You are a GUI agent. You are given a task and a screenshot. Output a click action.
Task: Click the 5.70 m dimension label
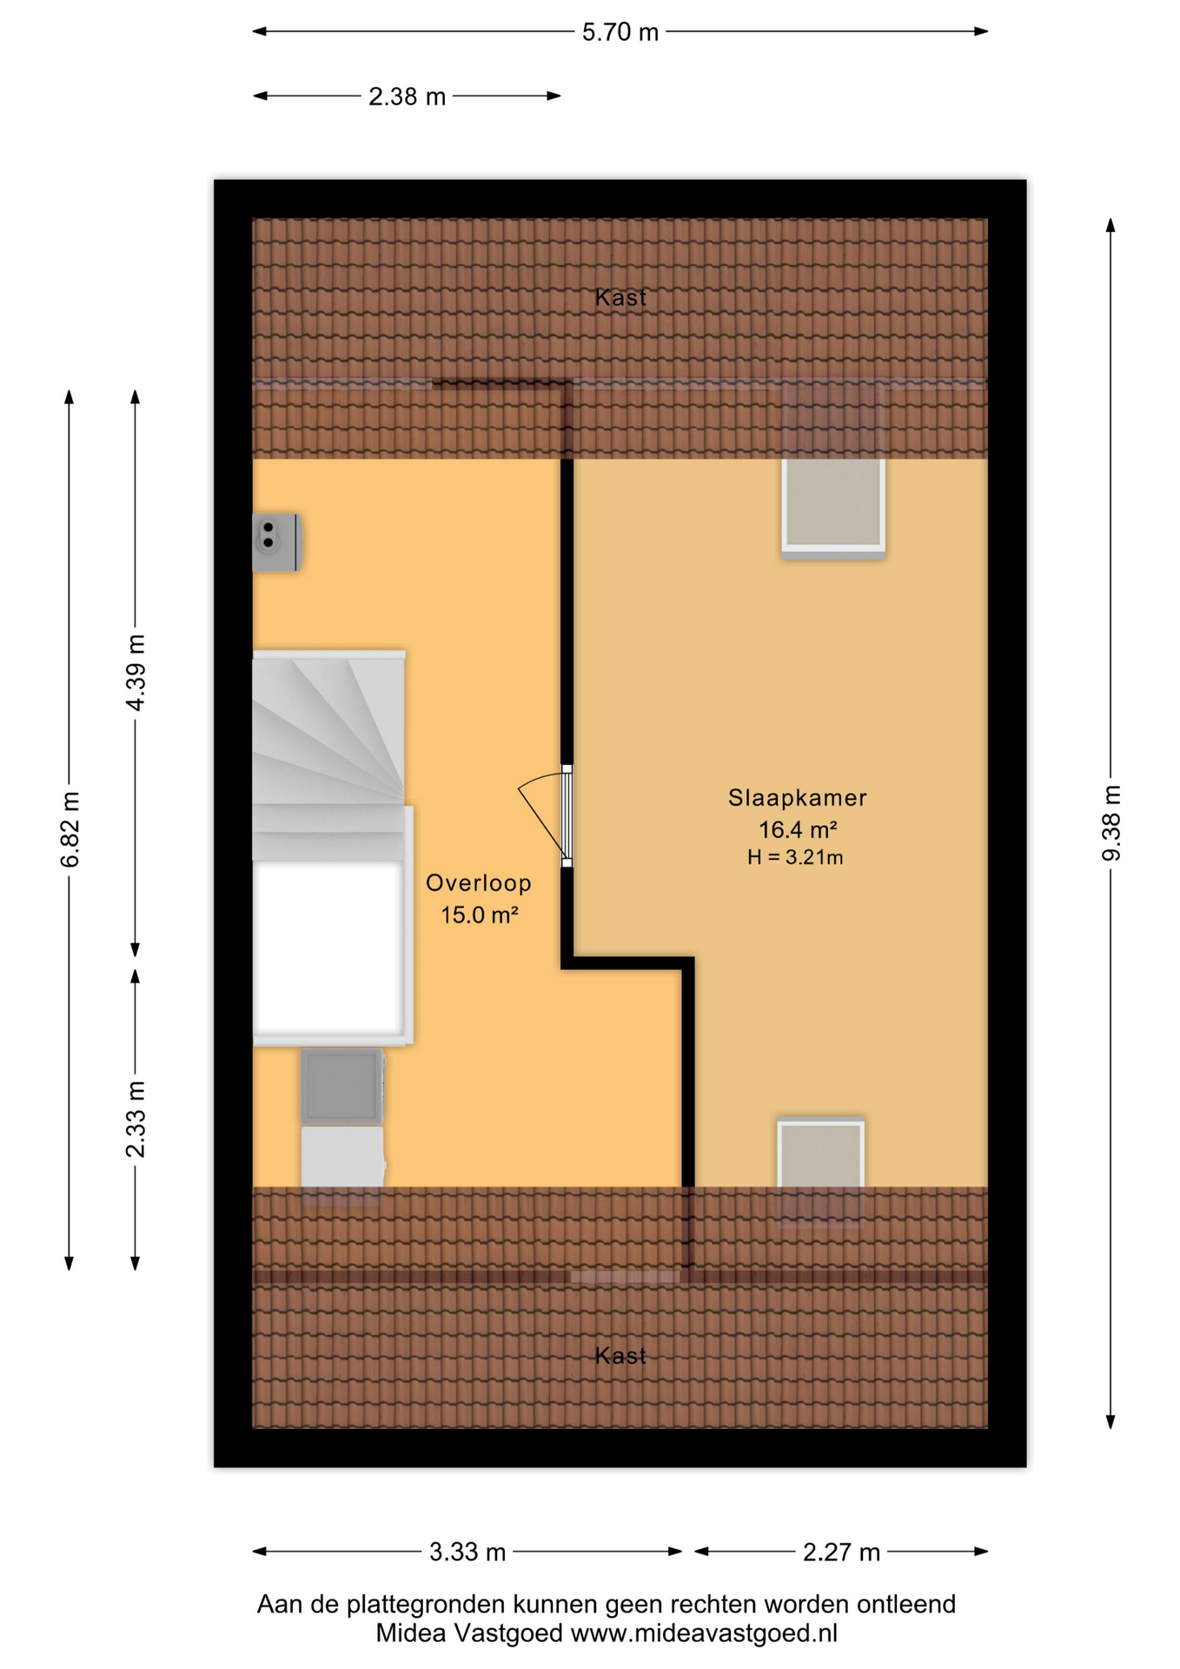coord(620,33)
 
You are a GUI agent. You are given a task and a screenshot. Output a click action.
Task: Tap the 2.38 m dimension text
coord(407,96)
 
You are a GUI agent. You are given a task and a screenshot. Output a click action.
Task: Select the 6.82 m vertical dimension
coord(70,829)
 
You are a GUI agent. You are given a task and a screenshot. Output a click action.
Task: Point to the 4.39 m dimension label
coord(136,673)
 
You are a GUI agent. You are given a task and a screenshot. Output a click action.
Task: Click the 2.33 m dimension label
coord(136,1120)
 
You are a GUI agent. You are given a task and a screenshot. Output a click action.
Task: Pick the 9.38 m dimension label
coord(1111,822)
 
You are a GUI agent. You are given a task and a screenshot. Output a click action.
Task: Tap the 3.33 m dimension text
coord(467,1552)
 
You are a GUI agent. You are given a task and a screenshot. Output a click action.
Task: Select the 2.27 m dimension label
coord(841,1552)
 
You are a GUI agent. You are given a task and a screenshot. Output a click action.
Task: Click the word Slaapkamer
coord(797,798)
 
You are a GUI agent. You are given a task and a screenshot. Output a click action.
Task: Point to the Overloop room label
coord(478,883)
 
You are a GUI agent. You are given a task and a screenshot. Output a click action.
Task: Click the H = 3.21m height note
coord(795,858)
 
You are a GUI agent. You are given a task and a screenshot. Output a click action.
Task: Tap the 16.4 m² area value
coord(798,829)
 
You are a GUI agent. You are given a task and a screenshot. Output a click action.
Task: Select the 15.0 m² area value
coord(479,914)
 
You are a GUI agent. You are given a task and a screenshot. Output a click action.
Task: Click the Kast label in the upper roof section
coord(620,298)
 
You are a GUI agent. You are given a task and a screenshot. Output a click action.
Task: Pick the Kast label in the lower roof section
coord(620,1356)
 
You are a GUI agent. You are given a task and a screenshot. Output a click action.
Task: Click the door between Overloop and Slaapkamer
coord(547,815)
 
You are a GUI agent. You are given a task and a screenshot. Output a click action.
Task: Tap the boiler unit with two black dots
coord(276,542)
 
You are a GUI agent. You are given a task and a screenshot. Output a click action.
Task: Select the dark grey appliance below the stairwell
coord(341,1086)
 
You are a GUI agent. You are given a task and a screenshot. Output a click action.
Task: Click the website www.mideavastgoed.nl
coord(704,1633)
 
